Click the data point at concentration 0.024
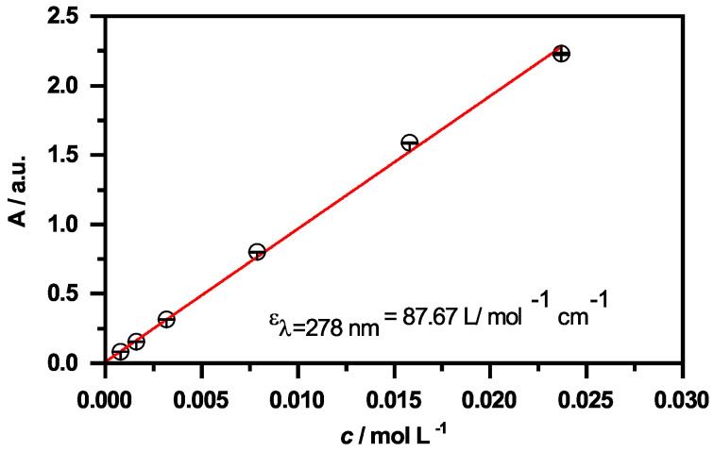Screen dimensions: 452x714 click(561, 54)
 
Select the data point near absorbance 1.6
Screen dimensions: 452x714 click(409, 142)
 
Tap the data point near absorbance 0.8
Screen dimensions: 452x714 click(257, 252)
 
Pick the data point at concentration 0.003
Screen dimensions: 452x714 click(166, 319)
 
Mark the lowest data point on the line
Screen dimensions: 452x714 click(120, 352)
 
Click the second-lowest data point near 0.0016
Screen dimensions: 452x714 click(136, 342)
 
